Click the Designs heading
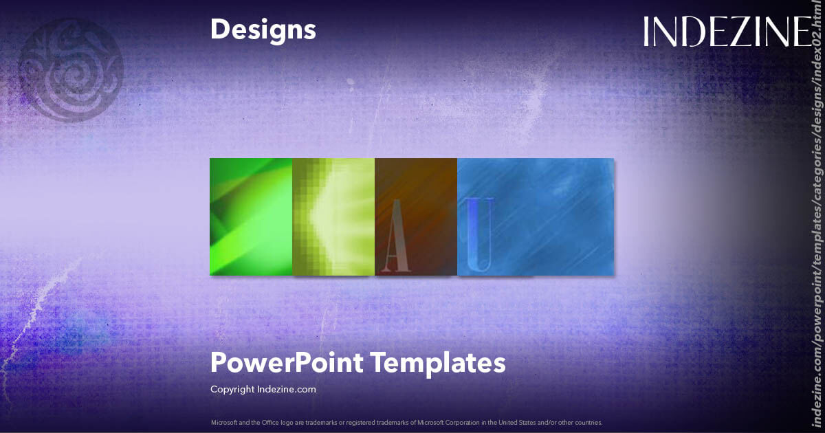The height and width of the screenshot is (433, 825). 263,30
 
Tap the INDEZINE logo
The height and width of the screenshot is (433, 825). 727,32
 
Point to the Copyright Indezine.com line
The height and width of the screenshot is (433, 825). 263,389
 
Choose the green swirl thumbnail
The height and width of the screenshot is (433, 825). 251,216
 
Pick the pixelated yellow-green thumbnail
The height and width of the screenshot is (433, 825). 333,216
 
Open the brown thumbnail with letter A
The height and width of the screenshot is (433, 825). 416,216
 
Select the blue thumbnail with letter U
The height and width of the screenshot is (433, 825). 536,216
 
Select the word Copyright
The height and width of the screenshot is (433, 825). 232,389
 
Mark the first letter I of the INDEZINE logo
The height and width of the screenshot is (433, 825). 648,32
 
